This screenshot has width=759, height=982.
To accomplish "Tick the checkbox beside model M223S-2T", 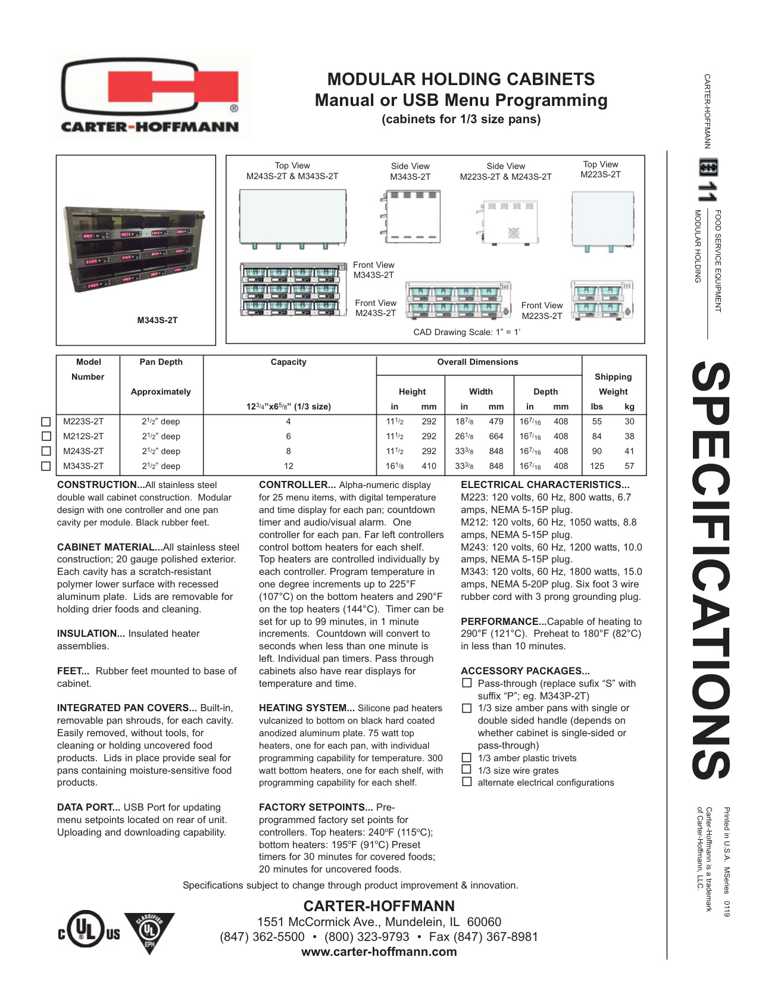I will (x=46, y=421).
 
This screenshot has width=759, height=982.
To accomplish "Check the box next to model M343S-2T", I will (x=46, y=466).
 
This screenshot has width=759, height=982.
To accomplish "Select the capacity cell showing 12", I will (x=289, y=466).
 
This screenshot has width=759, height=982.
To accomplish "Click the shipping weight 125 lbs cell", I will (x=596, y=466).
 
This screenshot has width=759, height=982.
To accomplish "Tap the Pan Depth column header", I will (x=161, y=362).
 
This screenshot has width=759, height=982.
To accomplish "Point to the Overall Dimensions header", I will (x=477, y=362).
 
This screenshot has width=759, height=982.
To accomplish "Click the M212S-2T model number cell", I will (x=83, y=436).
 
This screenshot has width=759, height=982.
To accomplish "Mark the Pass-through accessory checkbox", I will (x=467, y=683).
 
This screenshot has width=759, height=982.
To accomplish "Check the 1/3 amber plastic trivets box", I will (x=467, y=758).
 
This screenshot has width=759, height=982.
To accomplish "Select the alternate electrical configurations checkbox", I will (x=467, y=782).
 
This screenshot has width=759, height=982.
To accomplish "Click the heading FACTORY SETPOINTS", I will (x=316, y=807).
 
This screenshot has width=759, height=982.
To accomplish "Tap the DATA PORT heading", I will (x=89, y=807).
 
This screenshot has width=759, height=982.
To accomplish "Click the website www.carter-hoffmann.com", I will (x=379, y=952).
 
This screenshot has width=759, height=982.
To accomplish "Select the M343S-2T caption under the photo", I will (x=157, y=320).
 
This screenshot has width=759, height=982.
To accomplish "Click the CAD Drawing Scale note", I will (x=467, y=332).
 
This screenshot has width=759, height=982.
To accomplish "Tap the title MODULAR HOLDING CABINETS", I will (x=461, y=79).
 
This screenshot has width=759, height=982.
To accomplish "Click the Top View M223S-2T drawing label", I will (x=601, y=170).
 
